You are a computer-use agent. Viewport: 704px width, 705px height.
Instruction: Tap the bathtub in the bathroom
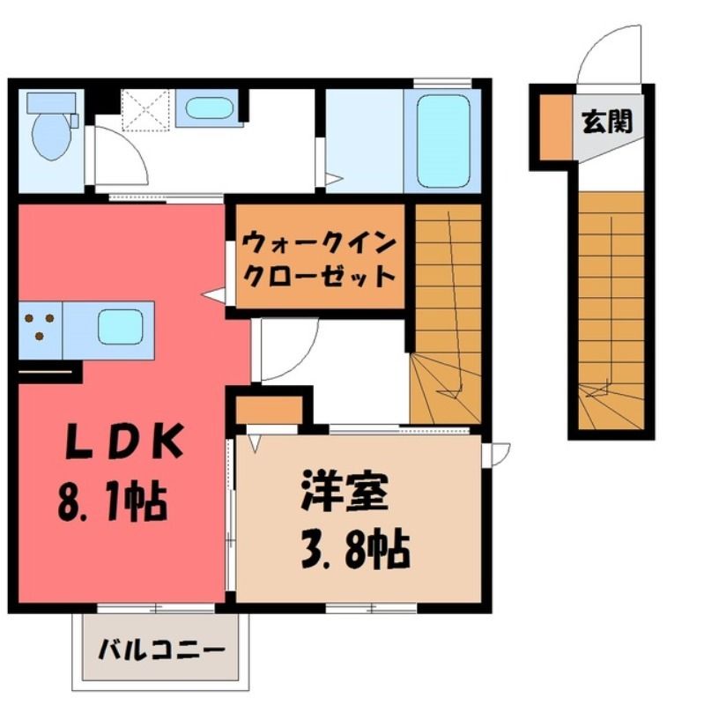(443, 141)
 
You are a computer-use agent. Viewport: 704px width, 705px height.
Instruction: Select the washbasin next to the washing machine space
(209, 108)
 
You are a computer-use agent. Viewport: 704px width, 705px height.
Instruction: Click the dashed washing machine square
(145, 110)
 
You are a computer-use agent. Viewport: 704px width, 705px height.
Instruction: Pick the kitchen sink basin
(121, 327)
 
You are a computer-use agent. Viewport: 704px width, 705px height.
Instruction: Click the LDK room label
(124, 442)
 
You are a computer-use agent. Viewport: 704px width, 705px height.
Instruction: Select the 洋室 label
(345, 491)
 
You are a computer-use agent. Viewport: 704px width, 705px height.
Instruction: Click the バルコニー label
(161, 649)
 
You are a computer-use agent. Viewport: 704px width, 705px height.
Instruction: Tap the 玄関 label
(607, 122)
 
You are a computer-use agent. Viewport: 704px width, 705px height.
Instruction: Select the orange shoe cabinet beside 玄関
(556, 126)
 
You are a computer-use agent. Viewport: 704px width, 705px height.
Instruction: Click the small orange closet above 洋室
(269, 410)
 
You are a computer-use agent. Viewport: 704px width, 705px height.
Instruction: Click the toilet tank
(52, 102)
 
